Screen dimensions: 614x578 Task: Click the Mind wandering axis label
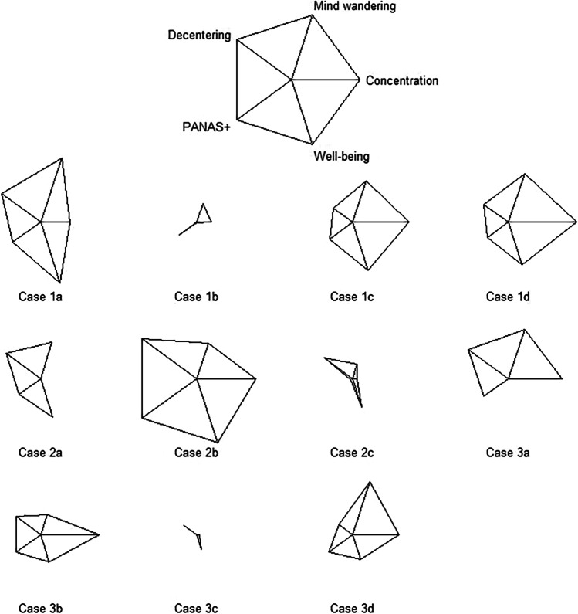pos(353,7)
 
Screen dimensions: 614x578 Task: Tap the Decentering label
pos(200,36)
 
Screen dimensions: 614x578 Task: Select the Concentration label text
pos(401,80)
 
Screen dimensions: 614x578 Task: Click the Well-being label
pos(343,157)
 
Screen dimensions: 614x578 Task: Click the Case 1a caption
pos(42,297)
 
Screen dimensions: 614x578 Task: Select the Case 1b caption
pos(198,297)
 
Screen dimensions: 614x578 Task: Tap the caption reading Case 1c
pos(353,297)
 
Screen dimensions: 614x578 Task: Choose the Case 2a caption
pos(42,453)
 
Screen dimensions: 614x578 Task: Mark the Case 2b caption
pos(198,453)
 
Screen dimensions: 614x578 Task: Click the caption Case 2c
pos(353,453)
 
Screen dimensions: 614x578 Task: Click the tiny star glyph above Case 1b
pos(201,216)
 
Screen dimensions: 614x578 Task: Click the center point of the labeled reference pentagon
pos(292,78)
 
